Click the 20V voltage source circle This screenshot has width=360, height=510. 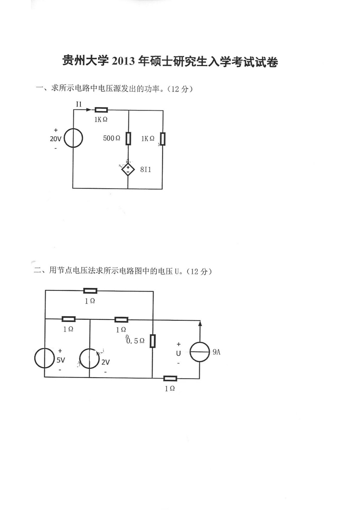tap(73, 138)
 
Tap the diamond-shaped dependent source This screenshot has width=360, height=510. tap(128, 170)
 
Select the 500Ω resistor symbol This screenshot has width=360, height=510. tap(128, 138)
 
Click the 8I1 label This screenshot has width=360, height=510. tap(145, 170)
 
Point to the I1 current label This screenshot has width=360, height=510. tap(79, 104)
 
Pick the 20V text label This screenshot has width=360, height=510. tap(55, 139)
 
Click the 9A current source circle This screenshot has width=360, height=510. tap(200, 352)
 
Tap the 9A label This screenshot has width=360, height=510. tap(216, 352)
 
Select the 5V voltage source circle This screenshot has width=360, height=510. tap(45, 358)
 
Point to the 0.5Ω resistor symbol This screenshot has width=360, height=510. tap(152, 341)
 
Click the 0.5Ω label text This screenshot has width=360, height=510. tap(135, 341)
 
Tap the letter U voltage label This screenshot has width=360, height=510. tap(178, 353)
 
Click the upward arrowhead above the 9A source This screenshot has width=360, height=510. tap(200, 324)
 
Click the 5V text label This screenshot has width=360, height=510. tap(61, 360)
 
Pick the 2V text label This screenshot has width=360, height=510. tap(105, 362)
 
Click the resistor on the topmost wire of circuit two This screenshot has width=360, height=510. tap(90, 291)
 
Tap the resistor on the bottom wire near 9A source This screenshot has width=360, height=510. tap(170, 378)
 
